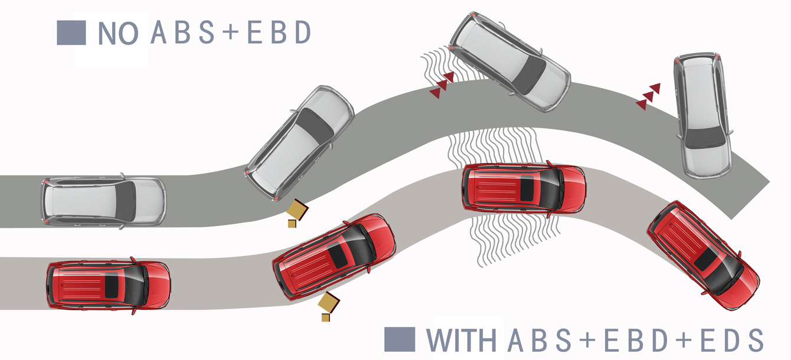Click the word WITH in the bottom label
pyautogui.click(x=461, y=341)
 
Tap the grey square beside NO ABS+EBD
pyautogui.click(x=71, y=33)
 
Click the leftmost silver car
pyautogui.click(x=103, y=201)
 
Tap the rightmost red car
pyautogui.click(x=702, y=254)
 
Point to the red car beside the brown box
pyautogui.click(x=334, y=256)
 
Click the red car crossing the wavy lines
pyautogui.click(x=524, y=188)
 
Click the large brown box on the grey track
pyautogui.click(x=297, y=209)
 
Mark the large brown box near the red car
pyautogui.click(x=329, y=303)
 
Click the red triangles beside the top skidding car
pyautogui.click(x=442, y=84)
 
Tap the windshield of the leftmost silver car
pyautogui.click(x=125, y=201)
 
